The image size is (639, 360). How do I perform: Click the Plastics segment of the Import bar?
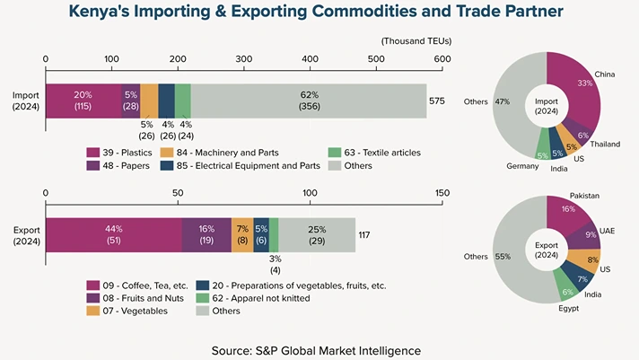[83, 101]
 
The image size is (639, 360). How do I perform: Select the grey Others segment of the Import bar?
[309, 101]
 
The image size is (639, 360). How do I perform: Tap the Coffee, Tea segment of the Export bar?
[113, 234]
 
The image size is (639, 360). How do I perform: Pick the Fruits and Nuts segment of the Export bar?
[206, 234]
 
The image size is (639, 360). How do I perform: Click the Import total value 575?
[437, 101]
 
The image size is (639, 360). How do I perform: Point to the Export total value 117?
[365, 235]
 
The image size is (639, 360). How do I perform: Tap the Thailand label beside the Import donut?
[606, 144]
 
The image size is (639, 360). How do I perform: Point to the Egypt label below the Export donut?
[568, 308]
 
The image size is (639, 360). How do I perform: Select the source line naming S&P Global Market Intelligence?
[316, 348]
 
